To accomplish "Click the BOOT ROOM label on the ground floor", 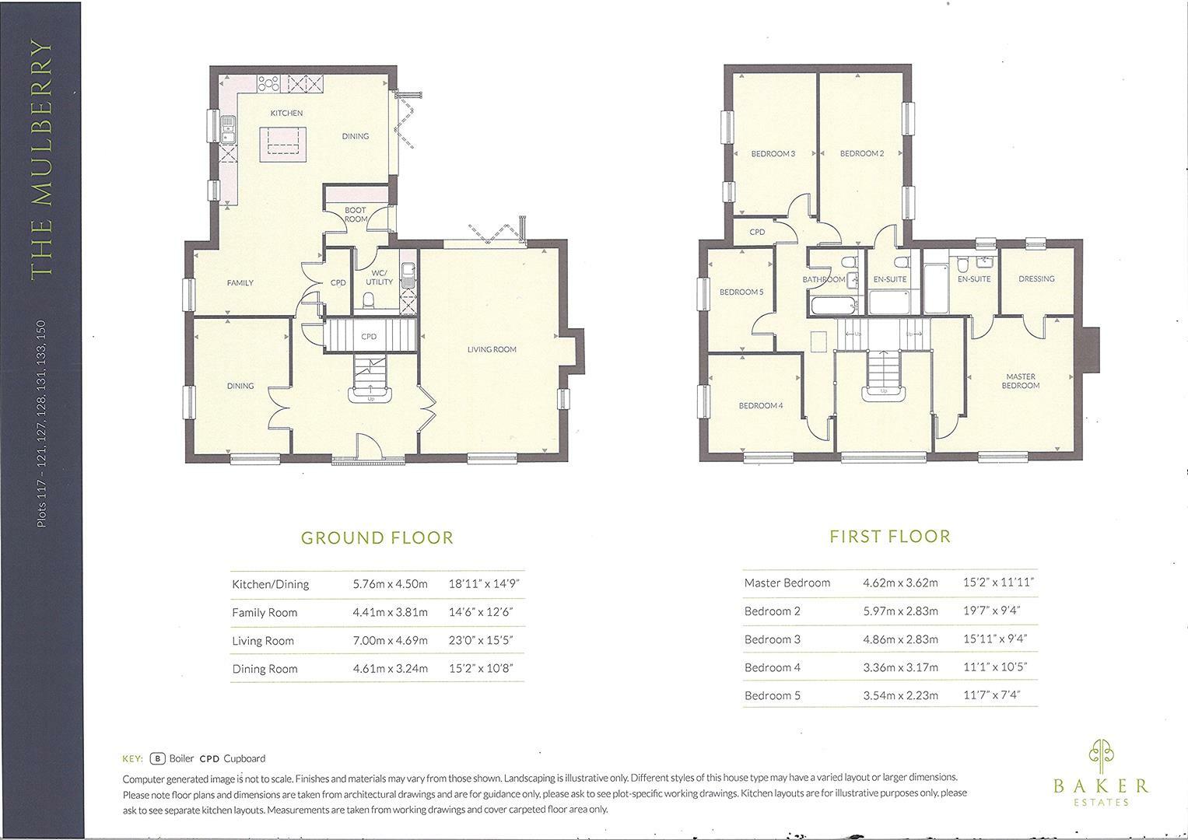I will [x=356, y=215].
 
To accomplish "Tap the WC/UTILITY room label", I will [x=379, y=277].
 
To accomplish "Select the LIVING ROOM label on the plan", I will [x=492, y=350].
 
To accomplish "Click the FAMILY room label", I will [x=240, y=283].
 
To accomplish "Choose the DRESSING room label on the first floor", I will [x=1036, y=278].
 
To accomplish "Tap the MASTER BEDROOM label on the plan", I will [x=1020, y=381].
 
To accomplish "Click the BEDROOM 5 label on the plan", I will [x=741, y=292].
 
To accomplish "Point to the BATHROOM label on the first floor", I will [x=823, y=279].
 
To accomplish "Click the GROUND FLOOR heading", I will [x=377, y=537].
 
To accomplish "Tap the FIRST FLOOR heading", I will [x=889, y=537].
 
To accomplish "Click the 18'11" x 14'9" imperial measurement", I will [x=483, y=584].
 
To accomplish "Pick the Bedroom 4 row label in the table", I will [x=772, y=667].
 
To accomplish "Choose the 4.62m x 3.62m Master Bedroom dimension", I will [x=900, y=583].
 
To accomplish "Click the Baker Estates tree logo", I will [x=1100, y=753].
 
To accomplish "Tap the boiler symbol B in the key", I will [x=158, y=758].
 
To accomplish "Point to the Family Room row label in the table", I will [x=265, y=613].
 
